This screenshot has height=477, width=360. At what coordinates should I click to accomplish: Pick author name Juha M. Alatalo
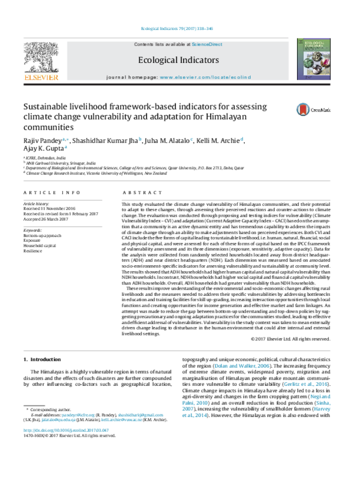(166, 140)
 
